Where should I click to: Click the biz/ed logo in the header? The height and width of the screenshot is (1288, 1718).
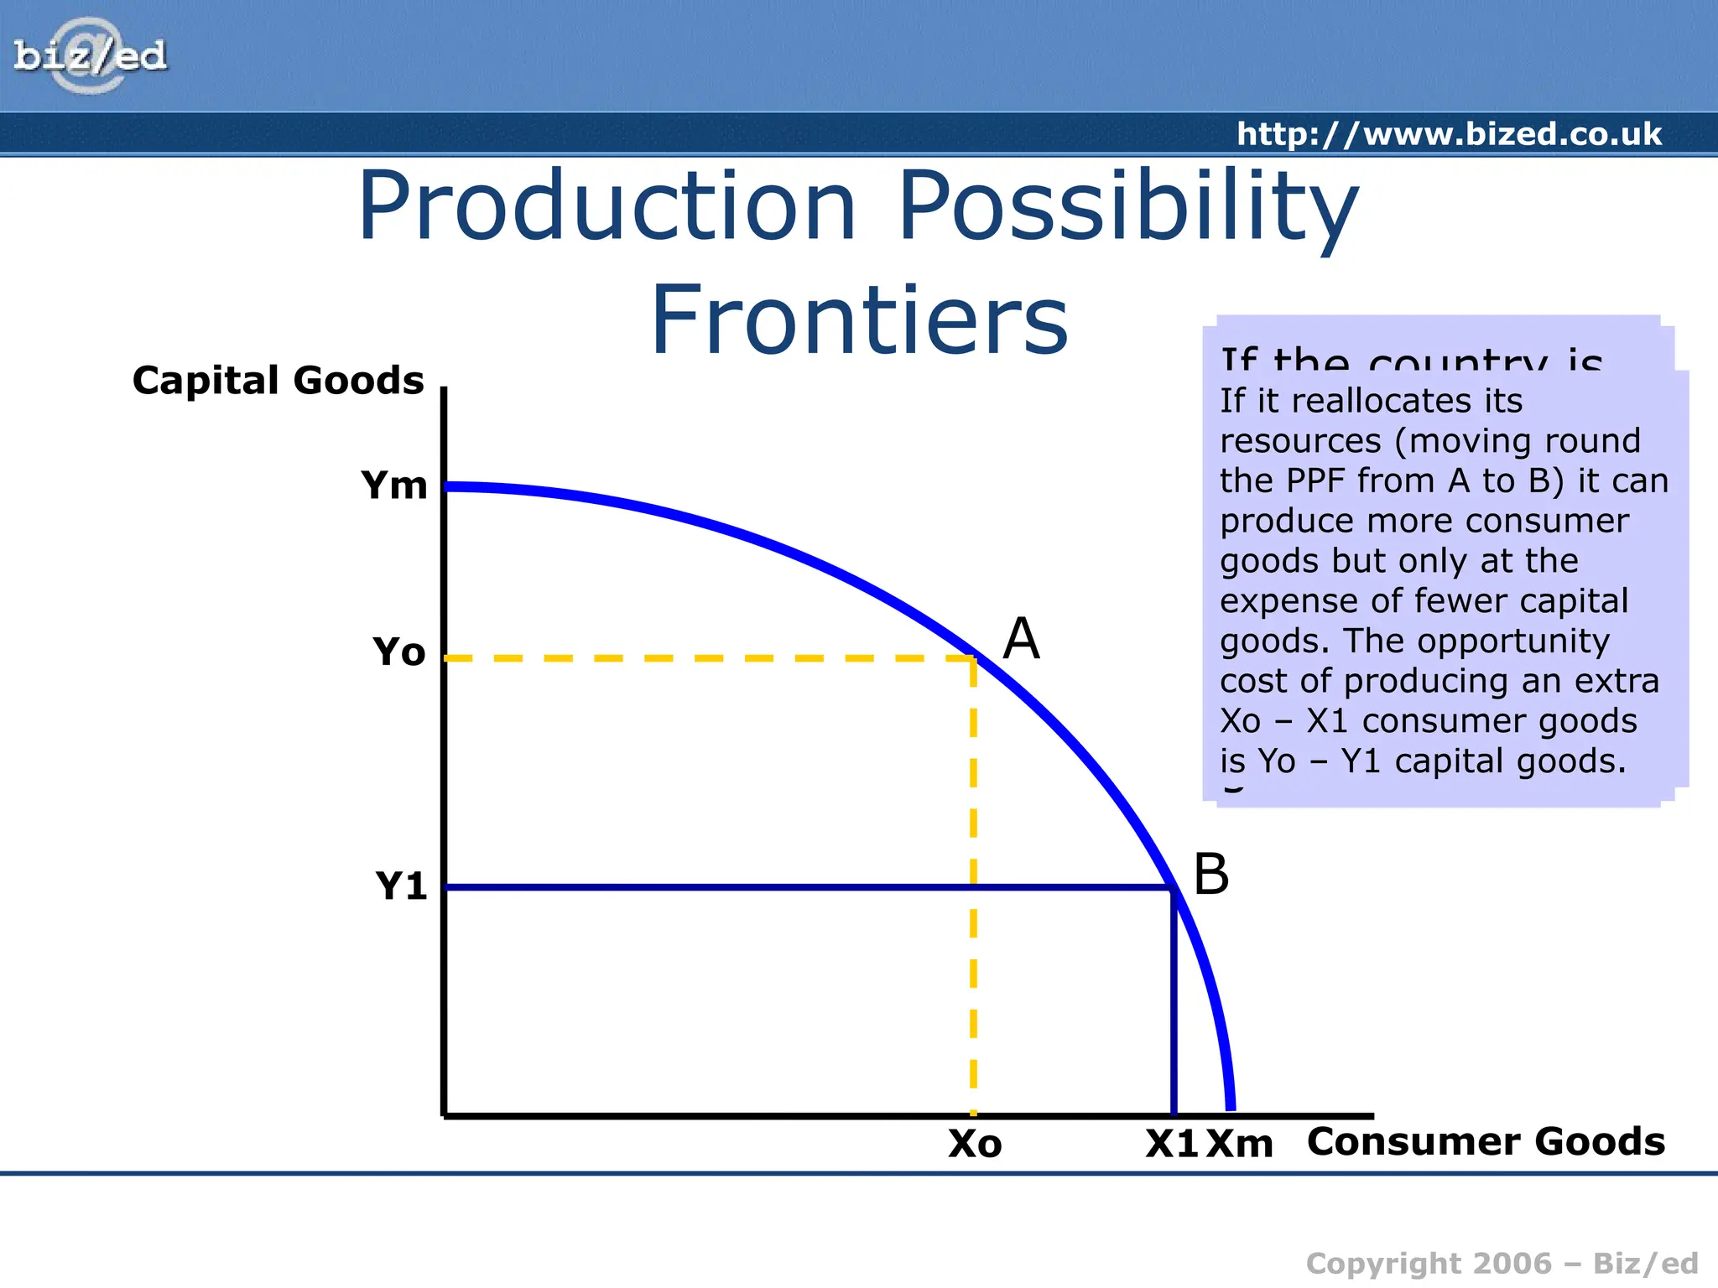click(90, 56)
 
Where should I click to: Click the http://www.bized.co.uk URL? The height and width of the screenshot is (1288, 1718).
click(1449, 134)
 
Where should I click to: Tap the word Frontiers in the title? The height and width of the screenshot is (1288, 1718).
click(859, 320)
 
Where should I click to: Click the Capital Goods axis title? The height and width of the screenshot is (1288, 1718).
click(278, 380)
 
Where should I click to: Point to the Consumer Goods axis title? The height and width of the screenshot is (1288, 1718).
click(1486, 1141)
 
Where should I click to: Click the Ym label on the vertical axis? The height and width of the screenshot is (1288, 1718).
click(393, 486)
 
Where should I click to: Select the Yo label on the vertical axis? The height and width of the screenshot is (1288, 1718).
click(398, 652)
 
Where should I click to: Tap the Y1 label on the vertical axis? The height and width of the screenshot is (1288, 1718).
click(400, 885)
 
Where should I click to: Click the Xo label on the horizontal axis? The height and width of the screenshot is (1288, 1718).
click(975, 1144)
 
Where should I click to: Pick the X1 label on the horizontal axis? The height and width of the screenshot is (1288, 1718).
click(1171, 1144)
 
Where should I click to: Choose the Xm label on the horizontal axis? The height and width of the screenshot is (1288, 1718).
click(1239, 1144)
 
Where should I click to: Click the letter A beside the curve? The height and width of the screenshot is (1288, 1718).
click(1021, 639)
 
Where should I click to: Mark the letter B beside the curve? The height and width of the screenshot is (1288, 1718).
click(1210, 875)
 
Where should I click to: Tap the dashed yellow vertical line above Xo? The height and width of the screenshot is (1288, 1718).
click(973, 880)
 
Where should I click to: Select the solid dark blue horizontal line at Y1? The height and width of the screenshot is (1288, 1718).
click(797, 887)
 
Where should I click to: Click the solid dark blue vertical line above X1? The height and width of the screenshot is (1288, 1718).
click(1174, 1006)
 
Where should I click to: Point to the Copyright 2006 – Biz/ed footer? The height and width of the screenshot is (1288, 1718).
click(1502, 1264)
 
